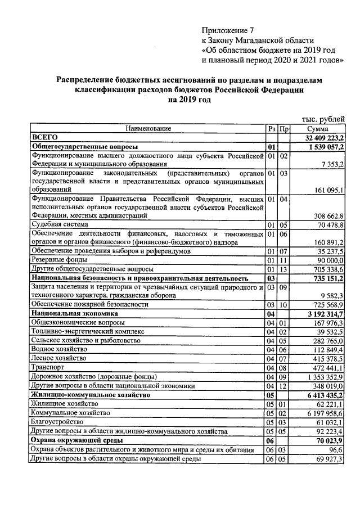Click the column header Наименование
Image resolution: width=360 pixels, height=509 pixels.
[x=148, y=129]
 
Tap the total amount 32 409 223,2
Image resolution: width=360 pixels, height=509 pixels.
[x=325, y=138]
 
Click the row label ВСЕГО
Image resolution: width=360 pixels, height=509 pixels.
[x=46, y=137]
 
